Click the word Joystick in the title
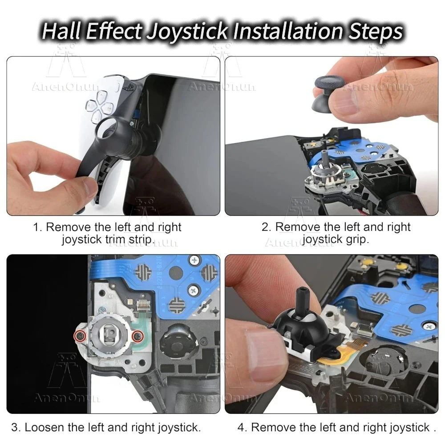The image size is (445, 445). pyautogui.click(x=188, y=32)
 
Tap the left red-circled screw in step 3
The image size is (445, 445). pyautogui.click(x=80, y=336)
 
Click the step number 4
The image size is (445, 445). pyautogui.click(x=241, y=427)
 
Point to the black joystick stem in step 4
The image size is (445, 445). pyautogui.click(x=303, y=302)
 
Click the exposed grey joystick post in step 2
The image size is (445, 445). pyautogui.click(x=324, y=158)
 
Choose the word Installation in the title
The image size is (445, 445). pyautogui.click(x=288, y=31)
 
